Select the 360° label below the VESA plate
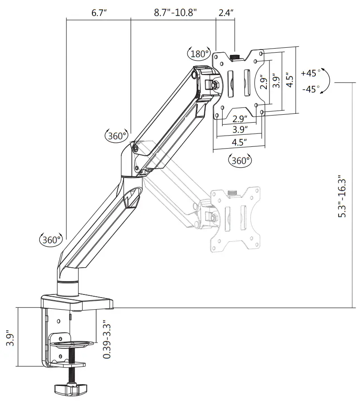point(240,160)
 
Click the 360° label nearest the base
point(50,240)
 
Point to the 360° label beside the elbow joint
point(116,135)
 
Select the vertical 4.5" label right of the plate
point(290,80)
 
